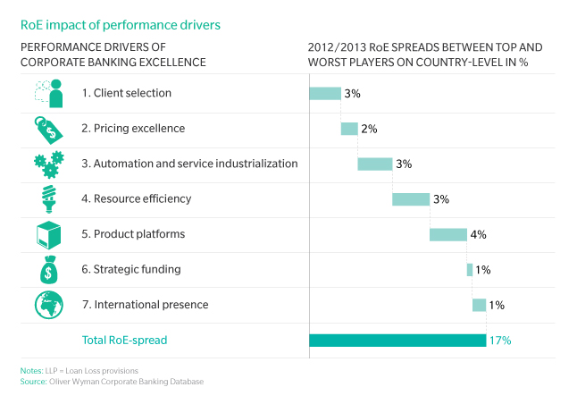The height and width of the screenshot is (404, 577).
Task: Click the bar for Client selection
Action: [325, 93]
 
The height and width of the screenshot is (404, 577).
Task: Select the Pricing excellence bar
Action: [349, 129]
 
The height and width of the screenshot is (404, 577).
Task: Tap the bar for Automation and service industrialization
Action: [375, 164]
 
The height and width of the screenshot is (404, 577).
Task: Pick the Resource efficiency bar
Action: [411, 198]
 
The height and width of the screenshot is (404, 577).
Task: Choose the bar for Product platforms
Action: [448, 234]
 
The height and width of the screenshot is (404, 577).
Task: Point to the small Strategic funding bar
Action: [470, 269]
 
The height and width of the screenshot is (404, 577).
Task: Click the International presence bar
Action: [480, 305]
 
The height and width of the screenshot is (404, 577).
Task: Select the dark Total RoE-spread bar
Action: [397, 340]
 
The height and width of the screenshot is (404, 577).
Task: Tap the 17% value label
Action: [500, 341]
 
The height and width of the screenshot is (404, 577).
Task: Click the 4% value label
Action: [478, 234]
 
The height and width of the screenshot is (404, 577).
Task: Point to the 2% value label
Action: [369, 129]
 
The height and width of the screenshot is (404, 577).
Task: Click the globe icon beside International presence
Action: [48, 305]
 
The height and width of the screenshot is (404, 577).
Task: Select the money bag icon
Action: [48, 269]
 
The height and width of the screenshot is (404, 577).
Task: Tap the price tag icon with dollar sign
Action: [48, 129]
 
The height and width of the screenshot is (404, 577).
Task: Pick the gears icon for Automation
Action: [48, 164]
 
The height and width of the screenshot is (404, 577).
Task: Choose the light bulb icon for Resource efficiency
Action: [48, 198]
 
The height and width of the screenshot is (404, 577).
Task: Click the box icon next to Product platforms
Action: [48, 234]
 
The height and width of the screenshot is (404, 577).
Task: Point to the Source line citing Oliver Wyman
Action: [112, 382]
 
